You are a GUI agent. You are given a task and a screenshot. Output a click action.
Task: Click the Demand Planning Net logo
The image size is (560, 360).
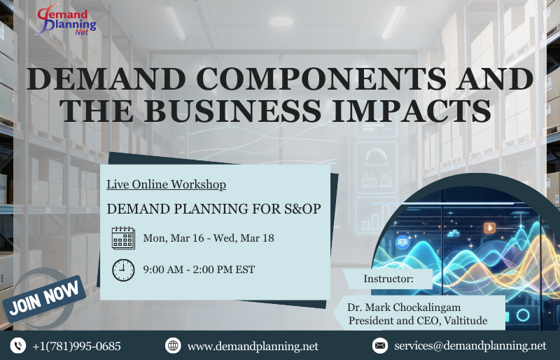click(x=67, y=20)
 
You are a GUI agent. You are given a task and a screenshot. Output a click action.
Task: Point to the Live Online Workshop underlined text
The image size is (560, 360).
click(x=166, y=185)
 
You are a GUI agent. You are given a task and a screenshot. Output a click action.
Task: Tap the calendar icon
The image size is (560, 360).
click(x=123, y=238)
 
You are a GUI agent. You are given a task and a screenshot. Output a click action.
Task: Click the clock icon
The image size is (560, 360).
click(x=123, y=270)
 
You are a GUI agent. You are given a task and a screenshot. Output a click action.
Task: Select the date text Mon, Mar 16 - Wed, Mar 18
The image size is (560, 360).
click(x=209, y=238)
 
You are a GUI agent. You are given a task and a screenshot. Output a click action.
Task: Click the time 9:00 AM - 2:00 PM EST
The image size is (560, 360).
click(x=199, y=270)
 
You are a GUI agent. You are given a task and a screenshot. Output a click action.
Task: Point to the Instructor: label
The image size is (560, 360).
click(x=388, y=279)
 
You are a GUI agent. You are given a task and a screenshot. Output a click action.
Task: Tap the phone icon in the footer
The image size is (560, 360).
click(x=17, y=345)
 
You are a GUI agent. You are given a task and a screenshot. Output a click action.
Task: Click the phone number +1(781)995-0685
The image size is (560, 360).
click(x=76, y=346)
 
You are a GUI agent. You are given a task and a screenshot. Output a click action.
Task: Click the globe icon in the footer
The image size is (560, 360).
click(x=173, y=345)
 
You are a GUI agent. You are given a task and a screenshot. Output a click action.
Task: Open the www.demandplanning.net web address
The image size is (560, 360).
click(x=253, y=346)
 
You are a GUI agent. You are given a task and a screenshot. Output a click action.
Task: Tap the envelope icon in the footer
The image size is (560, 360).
click(x=380, y=345)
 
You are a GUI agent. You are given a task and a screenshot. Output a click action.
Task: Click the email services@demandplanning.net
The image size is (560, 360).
click(x=470, y=346)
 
